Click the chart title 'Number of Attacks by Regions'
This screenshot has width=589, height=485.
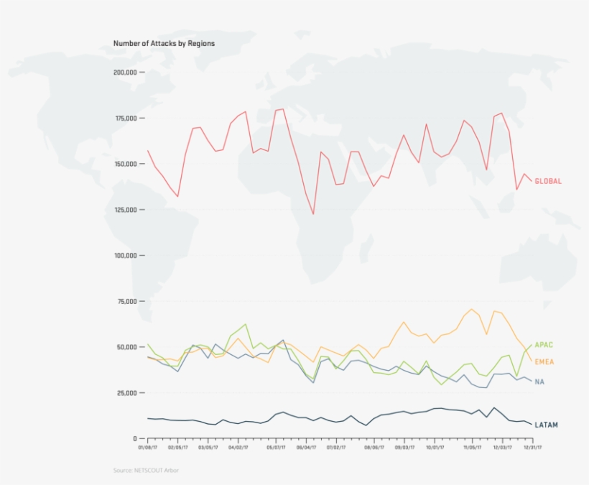(x=164, y=44)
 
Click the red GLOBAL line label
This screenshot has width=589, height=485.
(x=548, y=182)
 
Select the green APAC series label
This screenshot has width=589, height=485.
(x=544, y=345)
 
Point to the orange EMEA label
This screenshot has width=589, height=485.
(x=544, y=361)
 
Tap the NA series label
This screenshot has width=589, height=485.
(x=539, y=382)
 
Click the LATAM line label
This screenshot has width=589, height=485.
(x=546, y=425)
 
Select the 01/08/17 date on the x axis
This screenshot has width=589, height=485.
(x=147, y=448)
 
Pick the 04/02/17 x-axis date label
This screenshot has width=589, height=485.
(x=238, y=448)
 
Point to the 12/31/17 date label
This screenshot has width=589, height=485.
(x=531, y=448)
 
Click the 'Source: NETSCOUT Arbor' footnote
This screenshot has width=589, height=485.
(x=147, y=470)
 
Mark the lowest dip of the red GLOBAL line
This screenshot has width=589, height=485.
(x=313, y=214)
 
